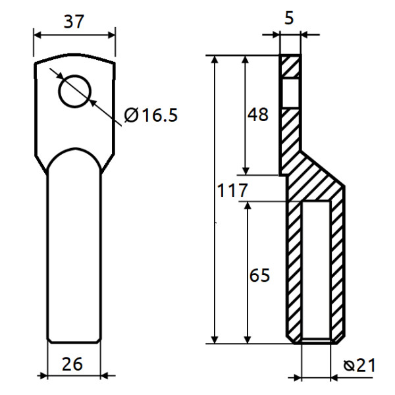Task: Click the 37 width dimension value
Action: coord(74,21)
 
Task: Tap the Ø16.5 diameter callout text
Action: coord(151,116)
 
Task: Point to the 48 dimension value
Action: coord(257,115)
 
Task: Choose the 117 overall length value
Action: coord(232,192)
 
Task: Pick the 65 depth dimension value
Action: coord(259,275)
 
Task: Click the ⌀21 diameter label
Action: coord(360,365)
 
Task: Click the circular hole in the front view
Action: coord(74,90)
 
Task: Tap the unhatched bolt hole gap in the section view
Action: coord(291,92)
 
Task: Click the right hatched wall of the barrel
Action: coord(337,270)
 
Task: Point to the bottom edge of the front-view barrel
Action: coord(74,342)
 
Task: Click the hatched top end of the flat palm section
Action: coord(291,66)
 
